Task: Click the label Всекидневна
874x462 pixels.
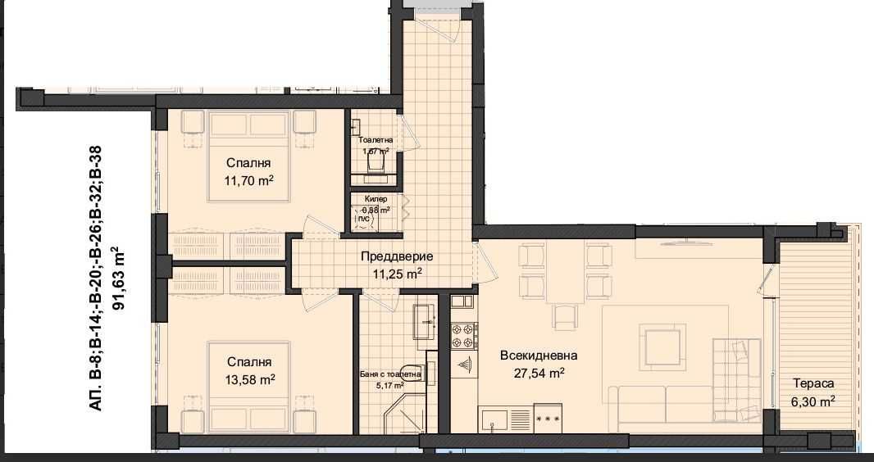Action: (539, 356)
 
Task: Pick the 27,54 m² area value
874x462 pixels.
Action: (539, 373)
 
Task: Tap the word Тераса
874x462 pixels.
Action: (813, 383)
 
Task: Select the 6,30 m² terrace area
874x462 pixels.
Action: (813, 401)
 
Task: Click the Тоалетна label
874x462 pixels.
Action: (376, 140)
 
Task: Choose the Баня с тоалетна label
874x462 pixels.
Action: (390, 374)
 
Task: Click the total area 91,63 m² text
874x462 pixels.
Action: (120, 278)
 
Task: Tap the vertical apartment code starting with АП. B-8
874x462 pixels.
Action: (96, 278)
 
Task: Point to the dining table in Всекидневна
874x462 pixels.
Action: (565, 274)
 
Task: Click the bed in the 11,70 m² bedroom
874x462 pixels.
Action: (250, 156)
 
